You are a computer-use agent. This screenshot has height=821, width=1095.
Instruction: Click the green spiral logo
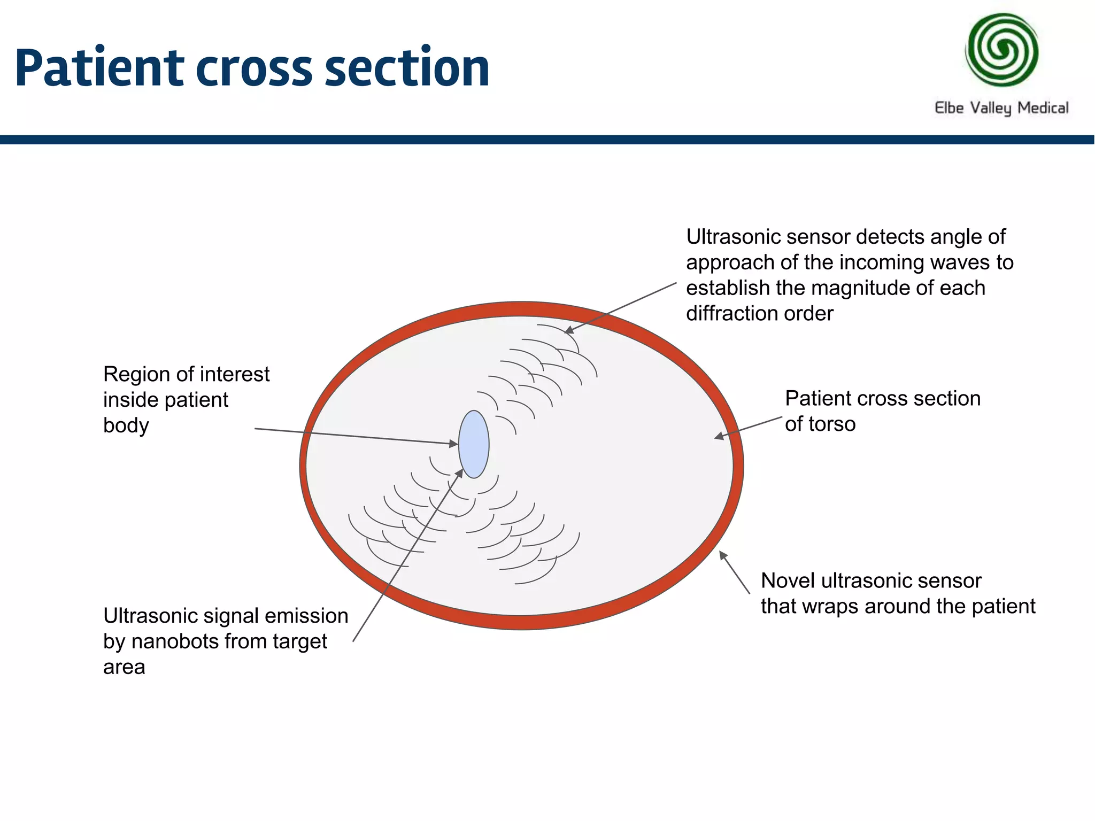click(x=1001, y=50)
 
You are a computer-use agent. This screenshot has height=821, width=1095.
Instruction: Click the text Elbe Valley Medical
click(x=1001, y=107)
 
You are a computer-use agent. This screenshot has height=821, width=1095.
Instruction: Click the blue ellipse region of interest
click(x=474, y=444)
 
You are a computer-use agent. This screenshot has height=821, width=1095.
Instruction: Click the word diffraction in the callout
click(x=727, y=314)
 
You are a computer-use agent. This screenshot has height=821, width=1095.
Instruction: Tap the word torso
click(x=831, y=424)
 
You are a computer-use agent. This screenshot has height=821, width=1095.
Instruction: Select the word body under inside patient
click(x=126, y=426)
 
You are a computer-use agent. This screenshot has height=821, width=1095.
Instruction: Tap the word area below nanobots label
click(x=124, y=667)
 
